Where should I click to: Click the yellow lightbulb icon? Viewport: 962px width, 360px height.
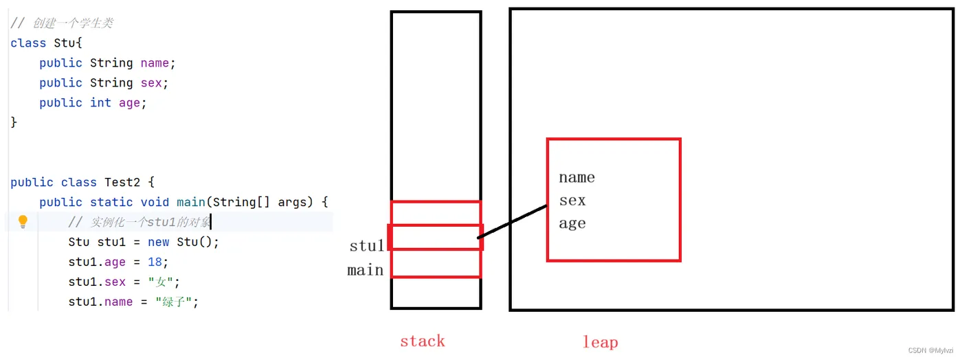[23, 221]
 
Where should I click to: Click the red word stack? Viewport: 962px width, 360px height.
[422, 341]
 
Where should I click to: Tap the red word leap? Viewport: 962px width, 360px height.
[600, 341]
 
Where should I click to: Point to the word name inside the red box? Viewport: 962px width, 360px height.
[577, 177]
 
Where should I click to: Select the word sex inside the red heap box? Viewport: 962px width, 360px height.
[572, 200]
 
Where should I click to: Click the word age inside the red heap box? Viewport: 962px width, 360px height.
[572, 223]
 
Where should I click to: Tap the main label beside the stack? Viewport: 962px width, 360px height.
[366, 270]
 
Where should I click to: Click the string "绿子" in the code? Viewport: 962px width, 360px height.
[177, 302]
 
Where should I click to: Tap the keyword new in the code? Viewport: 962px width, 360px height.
[158, 242]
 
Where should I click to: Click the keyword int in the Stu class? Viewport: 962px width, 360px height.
[100, 102]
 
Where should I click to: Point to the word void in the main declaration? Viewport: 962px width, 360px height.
[155, 202]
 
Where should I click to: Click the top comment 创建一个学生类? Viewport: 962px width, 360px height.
[71, 23]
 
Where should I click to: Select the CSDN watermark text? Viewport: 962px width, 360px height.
[931, 350]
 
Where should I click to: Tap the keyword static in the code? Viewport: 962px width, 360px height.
[111, 202]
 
